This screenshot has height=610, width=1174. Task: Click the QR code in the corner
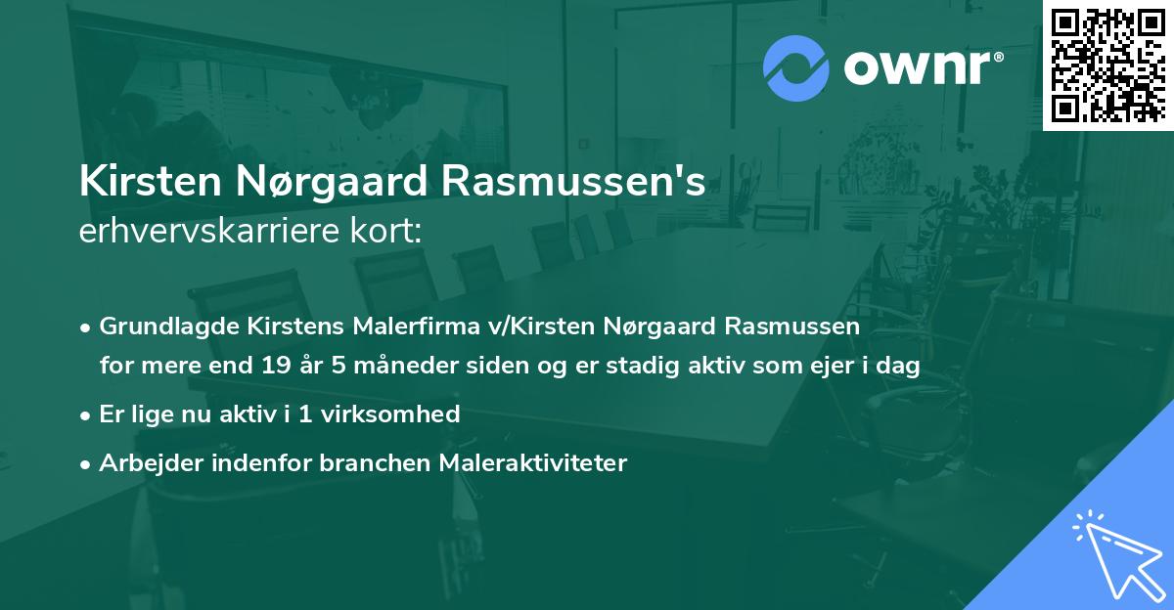pyautogui.click(x=1108, y=65)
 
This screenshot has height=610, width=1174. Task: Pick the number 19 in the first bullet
pyautogui.click(x=277, y=366)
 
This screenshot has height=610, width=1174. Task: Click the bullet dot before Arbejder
pyautogui.click(x=87, y=463)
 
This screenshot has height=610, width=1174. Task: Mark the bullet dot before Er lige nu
pyautogui.click(x=87, y=414)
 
